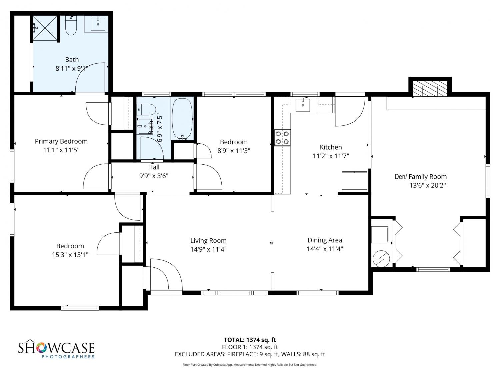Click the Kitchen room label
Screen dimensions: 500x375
tap(331, 147)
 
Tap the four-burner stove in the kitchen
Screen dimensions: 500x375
tap(282, 138)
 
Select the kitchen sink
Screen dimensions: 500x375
tap(303, 105)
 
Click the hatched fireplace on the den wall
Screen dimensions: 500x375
tap(430, 88)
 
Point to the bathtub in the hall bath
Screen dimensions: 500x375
tap(182, 119)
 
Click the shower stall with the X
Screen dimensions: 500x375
tap(45, 28)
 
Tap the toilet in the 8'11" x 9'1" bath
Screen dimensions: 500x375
tap(71, 25)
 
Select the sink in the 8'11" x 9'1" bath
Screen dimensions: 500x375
tap(98, 24)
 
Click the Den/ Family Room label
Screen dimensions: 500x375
tap(421, 177)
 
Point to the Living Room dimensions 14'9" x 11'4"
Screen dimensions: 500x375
tap(208, 249)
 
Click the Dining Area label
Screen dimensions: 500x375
tap(325, 240)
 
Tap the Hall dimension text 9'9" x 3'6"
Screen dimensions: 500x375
tap(154, 176)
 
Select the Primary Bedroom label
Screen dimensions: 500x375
tap(61, 141)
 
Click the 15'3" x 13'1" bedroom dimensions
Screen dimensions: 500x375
tap(70, 255)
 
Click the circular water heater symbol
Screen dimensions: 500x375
tap(381, 259)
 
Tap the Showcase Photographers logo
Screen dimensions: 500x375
tap(56, 349)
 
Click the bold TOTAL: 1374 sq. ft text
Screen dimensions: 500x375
tap(250, 340)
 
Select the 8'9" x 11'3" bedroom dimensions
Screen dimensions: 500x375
tap(234, 151)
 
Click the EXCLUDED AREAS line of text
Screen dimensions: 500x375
tap(250, 354)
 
